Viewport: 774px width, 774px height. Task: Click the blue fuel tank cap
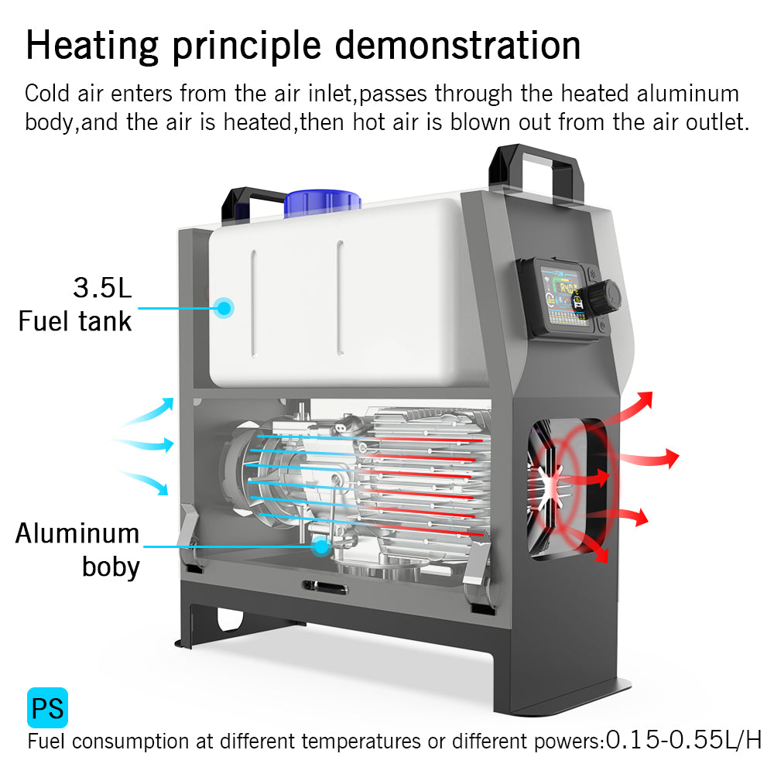tap(322, 200)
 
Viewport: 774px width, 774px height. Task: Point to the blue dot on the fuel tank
tap(224, 307)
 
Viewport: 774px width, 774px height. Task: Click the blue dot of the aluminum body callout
tap(320, 546)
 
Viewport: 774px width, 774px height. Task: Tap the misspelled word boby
tap(111, 567)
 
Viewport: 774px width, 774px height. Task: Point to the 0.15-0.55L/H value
tap(683, 740)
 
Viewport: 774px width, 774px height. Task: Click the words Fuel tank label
tap(75, 320)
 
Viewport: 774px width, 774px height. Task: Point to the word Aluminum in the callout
tap(77, 533)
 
